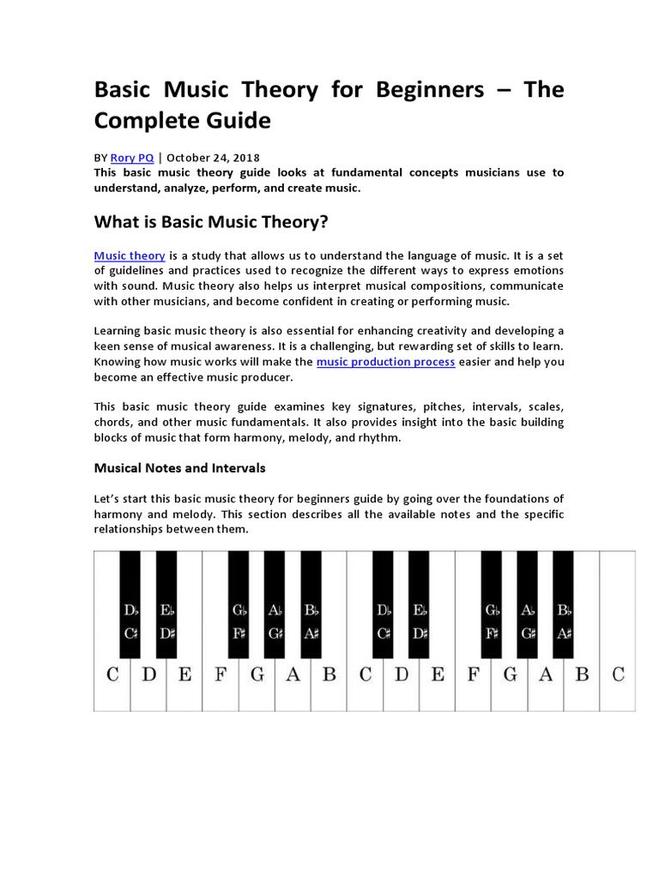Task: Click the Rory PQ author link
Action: click(134, 158)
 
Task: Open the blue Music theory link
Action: click(129, 256)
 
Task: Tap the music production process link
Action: click(385, 362)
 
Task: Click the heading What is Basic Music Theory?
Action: click(211, 222)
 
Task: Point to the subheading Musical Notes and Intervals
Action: click(179, 468)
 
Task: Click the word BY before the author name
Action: click(101, 158)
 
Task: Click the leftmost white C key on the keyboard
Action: click(112, 675)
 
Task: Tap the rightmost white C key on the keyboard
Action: click(618, 675)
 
